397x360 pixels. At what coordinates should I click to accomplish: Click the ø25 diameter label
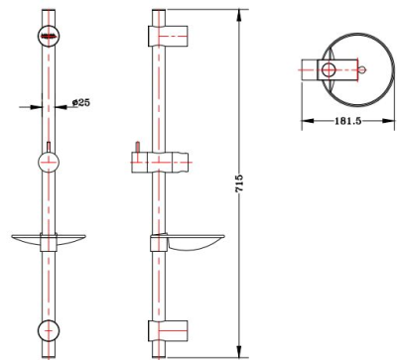[x=81, y=102]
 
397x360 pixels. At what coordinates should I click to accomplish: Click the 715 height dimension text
[x=239, y=182]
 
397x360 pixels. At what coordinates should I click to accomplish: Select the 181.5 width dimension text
[x=348, y=121]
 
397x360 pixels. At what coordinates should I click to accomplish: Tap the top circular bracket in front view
[x=49, y=36]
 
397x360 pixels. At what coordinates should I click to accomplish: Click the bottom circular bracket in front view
[x=49, y=330]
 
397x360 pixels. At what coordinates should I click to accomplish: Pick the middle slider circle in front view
[x=49, y=163]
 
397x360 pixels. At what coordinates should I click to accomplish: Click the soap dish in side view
[x=188, y=243]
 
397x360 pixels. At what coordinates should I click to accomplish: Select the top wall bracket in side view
[x=168, y=36]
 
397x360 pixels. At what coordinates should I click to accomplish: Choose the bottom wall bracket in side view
[x=168, y=330]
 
